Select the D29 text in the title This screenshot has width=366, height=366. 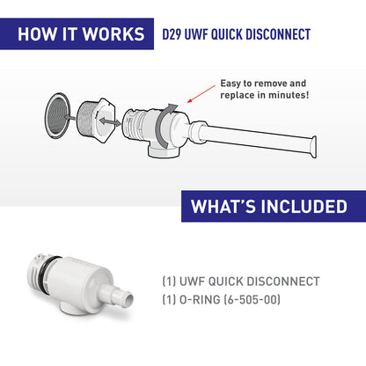pos(174,35)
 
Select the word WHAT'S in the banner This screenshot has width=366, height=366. pos(221,208)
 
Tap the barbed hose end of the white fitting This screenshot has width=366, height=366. pos(122,301)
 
